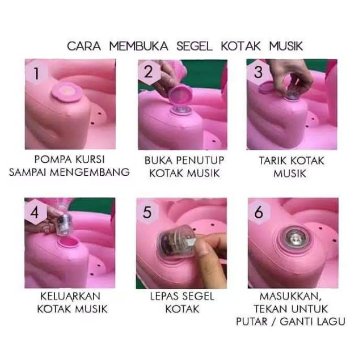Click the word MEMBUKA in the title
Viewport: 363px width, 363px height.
138,46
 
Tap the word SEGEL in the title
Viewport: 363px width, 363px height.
195,46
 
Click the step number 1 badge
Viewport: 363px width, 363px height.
36,73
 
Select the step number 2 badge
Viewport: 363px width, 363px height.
149,72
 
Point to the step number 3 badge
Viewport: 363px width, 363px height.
258,72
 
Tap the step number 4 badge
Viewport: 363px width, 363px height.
35,212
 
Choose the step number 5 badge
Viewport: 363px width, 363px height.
147,212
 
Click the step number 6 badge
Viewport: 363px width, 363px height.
259,212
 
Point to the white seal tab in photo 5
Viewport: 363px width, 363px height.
191,243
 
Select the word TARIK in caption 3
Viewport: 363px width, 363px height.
271,161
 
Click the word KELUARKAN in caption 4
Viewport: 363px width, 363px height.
70,297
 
